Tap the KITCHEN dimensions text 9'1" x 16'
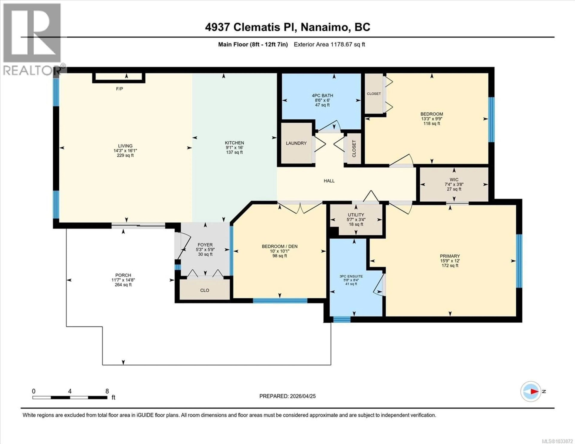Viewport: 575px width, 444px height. tap(234, 148)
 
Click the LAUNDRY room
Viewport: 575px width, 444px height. tap(296, 143)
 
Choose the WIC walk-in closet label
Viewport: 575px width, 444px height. tap(454, 179)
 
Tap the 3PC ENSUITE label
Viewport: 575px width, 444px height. tap(351, 276)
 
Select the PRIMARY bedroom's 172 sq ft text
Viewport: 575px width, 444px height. tap(450, 266)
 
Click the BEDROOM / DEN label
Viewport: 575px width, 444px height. tap(280, 246)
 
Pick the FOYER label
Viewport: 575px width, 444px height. tap(205, 245)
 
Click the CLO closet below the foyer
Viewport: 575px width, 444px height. tap(205, 290)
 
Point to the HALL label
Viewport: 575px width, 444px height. tap(329, 181)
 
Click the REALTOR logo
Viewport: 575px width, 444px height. tap(32, 40)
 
